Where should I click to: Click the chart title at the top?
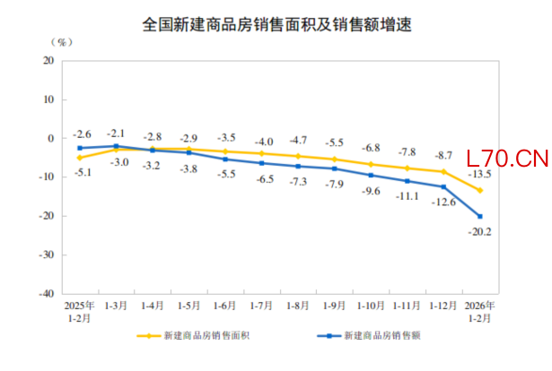276,25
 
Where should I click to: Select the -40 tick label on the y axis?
45,293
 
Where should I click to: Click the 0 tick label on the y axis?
51,138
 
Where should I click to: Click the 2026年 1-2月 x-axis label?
479,311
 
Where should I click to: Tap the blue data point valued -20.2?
480,216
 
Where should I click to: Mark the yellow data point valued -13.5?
480,190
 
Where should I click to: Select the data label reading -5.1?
81,172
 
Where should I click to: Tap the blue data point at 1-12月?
443,186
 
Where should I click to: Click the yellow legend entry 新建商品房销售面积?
196,337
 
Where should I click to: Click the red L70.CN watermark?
507,160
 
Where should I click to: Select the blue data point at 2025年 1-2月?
80,148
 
